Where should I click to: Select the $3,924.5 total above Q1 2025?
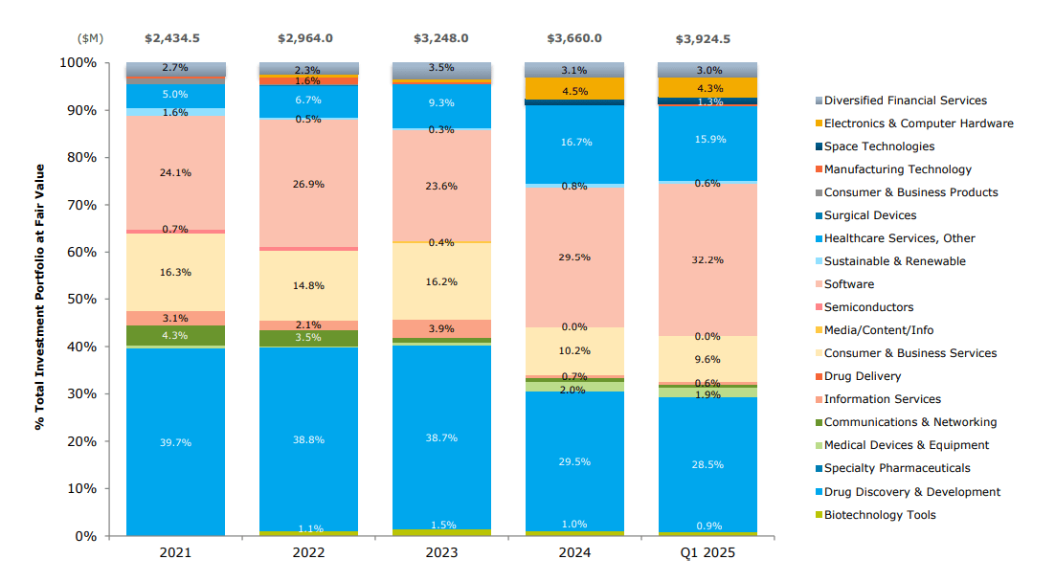707,38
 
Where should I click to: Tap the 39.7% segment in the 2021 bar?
175,442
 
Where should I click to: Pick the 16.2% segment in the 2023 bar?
441,281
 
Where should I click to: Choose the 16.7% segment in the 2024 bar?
574,143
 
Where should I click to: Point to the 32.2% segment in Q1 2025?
707,259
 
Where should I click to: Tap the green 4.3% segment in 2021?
175,335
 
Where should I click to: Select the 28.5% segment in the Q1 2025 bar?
707,465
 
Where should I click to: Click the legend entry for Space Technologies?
878,146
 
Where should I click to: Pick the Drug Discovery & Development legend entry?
911,492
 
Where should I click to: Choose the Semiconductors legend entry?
867,307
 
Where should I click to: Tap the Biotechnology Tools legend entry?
879,515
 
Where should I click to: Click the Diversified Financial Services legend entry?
904,101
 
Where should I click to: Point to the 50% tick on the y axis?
82,299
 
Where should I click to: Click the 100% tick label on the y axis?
79,62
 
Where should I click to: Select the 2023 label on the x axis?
441,553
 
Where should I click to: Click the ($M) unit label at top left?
90,38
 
